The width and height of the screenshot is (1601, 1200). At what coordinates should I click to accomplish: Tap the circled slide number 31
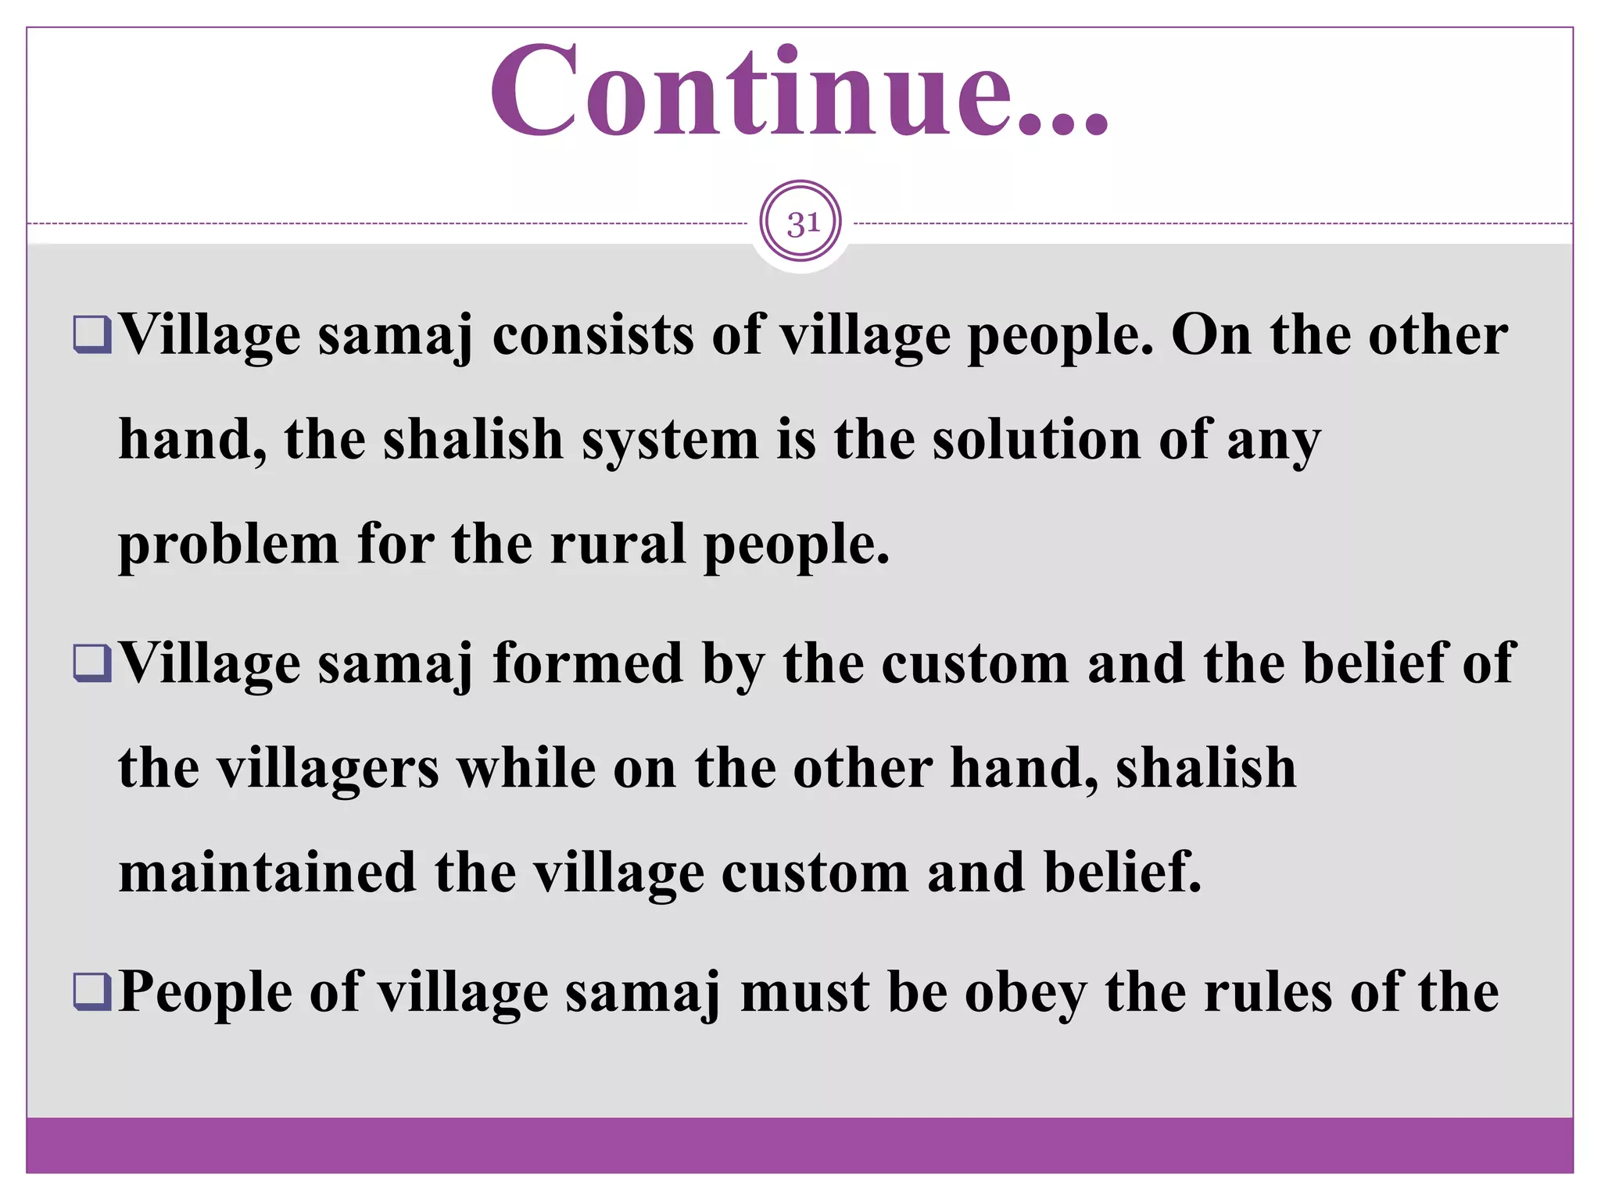click(x=800, y=223)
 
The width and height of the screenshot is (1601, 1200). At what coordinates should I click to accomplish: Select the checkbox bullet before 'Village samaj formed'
click(x=92, y=663)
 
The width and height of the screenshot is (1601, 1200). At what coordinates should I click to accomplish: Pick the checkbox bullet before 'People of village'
click(x=92, y=992)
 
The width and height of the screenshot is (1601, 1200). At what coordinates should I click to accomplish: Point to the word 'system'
click(x=670, y=440)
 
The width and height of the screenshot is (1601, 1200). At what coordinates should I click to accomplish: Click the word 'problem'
click(x=228, y=545)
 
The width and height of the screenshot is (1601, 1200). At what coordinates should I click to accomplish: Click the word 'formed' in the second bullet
click(x=588, y=663)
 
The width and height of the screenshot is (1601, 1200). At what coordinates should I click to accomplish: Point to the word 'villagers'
click(x=328, y=769)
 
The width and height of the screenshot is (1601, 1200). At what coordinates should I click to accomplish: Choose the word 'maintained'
click(x=267, y=872)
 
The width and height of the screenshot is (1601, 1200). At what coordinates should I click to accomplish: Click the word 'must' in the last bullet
click(x=804, y=992)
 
